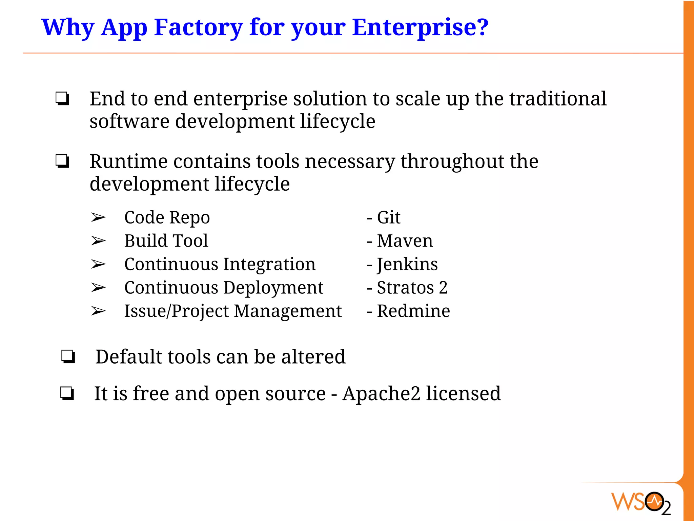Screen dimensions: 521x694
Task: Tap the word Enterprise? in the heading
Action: [x=420, y=27]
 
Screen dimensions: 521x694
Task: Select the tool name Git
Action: [x=389, y=217]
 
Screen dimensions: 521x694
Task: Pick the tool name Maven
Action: [x=405, y=241]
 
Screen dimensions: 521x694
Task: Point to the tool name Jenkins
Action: [x=407, y=264]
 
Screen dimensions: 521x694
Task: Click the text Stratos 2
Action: [x=412, y=288]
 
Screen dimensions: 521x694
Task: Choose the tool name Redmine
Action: [x=413, y=311]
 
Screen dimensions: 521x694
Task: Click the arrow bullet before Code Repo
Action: [x=98, y=217]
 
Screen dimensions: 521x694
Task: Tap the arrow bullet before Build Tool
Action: [x=98, y=241]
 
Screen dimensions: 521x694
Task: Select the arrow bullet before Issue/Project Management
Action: [x=98, y=311]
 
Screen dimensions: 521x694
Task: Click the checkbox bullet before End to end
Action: [x=63, y=99]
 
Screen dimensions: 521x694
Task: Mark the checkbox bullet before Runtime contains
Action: [x=63, y=161]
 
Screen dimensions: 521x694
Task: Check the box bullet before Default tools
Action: [x=68, y=357]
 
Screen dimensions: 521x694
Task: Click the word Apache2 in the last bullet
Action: [x=381, y=393]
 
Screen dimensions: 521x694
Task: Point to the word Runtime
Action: [x=128, y=161]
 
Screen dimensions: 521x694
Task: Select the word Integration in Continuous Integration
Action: [x=269, y=264]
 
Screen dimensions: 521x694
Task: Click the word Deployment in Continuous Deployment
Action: [x=273, y=288]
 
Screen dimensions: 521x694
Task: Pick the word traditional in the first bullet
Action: [x=558, y=99]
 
